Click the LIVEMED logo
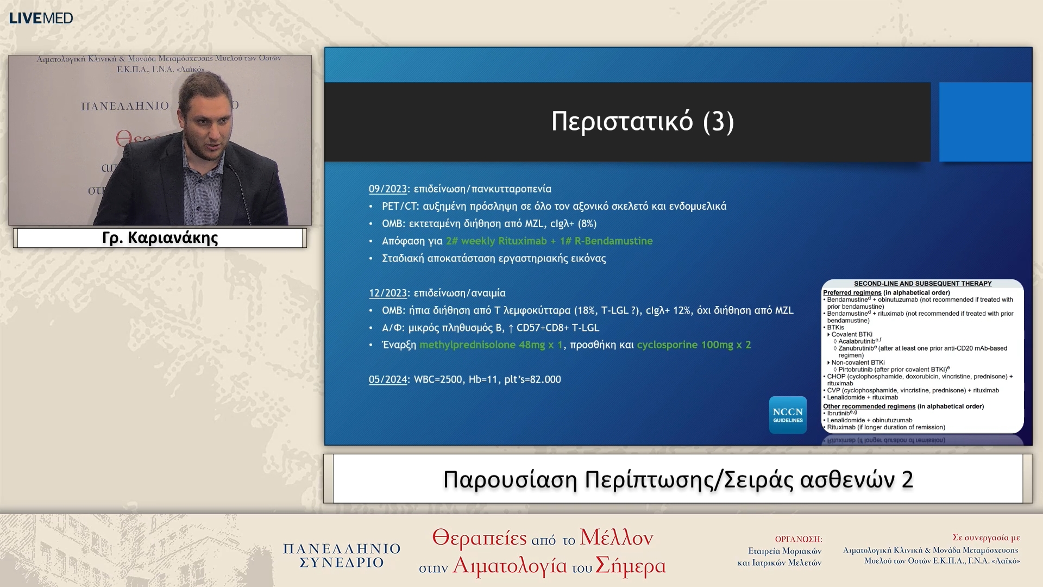coord(41,18)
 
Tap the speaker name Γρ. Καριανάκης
coord(160,238)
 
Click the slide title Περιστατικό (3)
coord(642,121)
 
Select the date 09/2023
coord(387,189)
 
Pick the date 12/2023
coord(387,293)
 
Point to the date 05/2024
coord(387,379)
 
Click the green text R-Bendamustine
coord(613,241)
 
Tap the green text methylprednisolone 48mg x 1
coord(491,345)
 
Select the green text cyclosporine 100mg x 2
coord(693,345)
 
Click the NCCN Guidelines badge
coord(787,415)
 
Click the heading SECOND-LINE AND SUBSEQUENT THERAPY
coord(922,284)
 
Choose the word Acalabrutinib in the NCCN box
coord(857,341)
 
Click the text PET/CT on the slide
coord(399,207)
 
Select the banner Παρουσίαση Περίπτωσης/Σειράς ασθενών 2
coord(677,479)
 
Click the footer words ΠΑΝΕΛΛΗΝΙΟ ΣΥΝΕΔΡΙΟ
coord(342,555)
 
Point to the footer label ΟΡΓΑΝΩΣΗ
coord(798,539)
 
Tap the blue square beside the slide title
coord(985,122)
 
